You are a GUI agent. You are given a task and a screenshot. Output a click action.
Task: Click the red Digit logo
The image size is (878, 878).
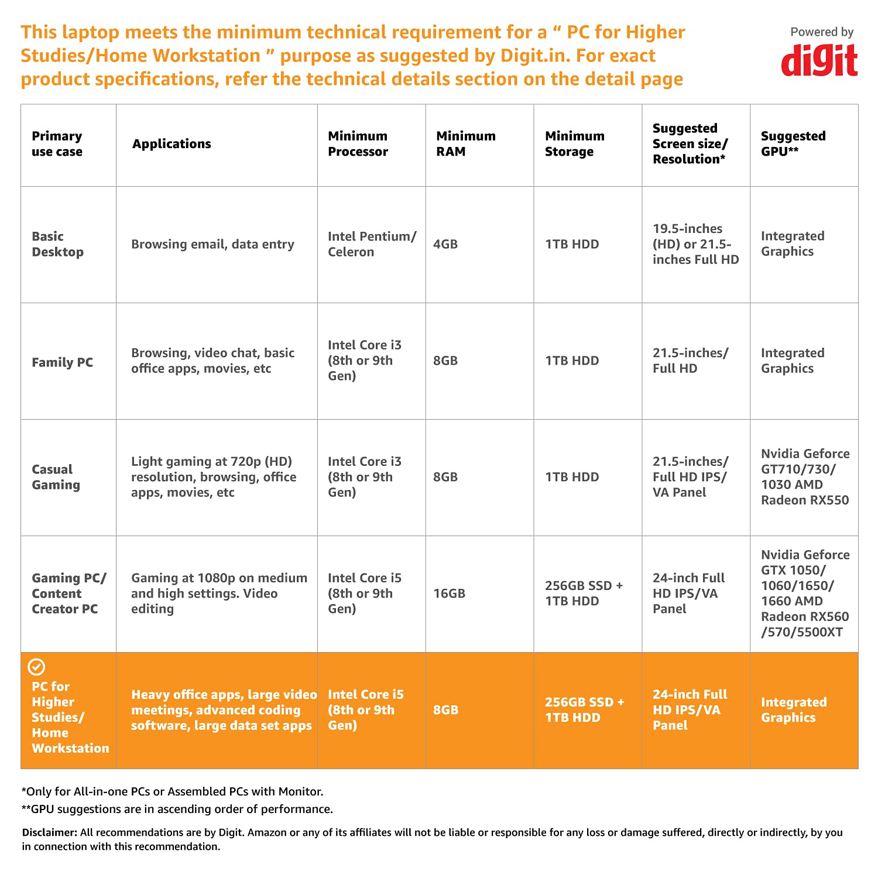click(819, 60)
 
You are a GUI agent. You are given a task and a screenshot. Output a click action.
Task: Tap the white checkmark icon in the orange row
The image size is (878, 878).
click(36, 667)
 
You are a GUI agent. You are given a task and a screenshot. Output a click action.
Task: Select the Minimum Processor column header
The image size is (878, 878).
click(358, 144)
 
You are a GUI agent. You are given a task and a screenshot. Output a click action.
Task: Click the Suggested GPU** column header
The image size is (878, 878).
click(793, 144)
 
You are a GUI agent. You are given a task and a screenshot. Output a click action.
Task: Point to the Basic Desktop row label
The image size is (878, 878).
click(57, 244)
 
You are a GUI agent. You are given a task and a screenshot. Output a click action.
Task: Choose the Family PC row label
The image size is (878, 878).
click(62, 362)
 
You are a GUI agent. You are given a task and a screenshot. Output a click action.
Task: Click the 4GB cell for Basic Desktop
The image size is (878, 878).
click(445, 244)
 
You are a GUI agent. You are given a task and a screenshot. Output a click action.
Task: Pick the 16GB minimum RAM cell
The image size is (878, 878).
click(449, 594)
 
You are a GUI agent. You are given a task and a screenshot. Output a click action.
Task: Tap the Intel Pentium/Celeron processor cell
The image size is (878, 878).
click(372, 244)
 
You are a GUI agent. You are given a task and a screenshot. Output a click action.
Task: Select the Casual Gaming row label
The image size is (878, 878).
click(56, 477)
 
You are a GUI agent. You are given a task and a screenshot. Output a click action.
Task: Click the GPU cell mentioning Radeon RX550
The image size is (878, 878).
click(805, 477)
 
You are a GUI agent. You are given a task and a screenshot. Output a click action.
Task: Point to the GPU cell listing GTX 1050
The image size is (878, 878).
click(805, 594)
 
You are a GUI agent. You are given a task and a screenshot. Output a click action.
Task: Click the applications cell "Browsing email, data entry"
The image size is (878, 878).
click(212, 244)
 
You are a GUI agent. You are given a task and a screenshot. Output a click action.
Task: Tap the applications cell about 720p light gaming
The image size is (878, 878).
click(214, 477)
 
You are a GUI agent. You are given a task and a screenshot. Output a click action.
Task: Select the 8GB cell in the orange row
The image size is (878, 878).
click(445, 710)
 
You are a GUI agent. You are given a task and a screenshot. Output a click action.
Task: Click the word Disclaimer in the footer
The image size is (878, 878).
click(49, 832)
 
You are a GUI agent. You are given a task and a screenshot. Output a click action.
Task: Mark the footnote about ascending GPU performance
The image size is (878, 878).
click(177, 810)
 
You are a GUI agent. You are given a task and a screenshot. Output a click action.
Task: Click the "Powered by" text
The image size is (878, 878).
click(822, 32)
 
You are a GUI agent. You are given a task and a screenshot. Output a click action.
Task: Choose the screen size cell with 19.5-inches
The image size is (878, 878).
click(695, 244)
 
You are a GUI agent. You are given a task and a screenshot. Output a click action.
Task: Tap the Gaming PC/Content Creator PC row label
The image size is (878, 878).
click(68, 594)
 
